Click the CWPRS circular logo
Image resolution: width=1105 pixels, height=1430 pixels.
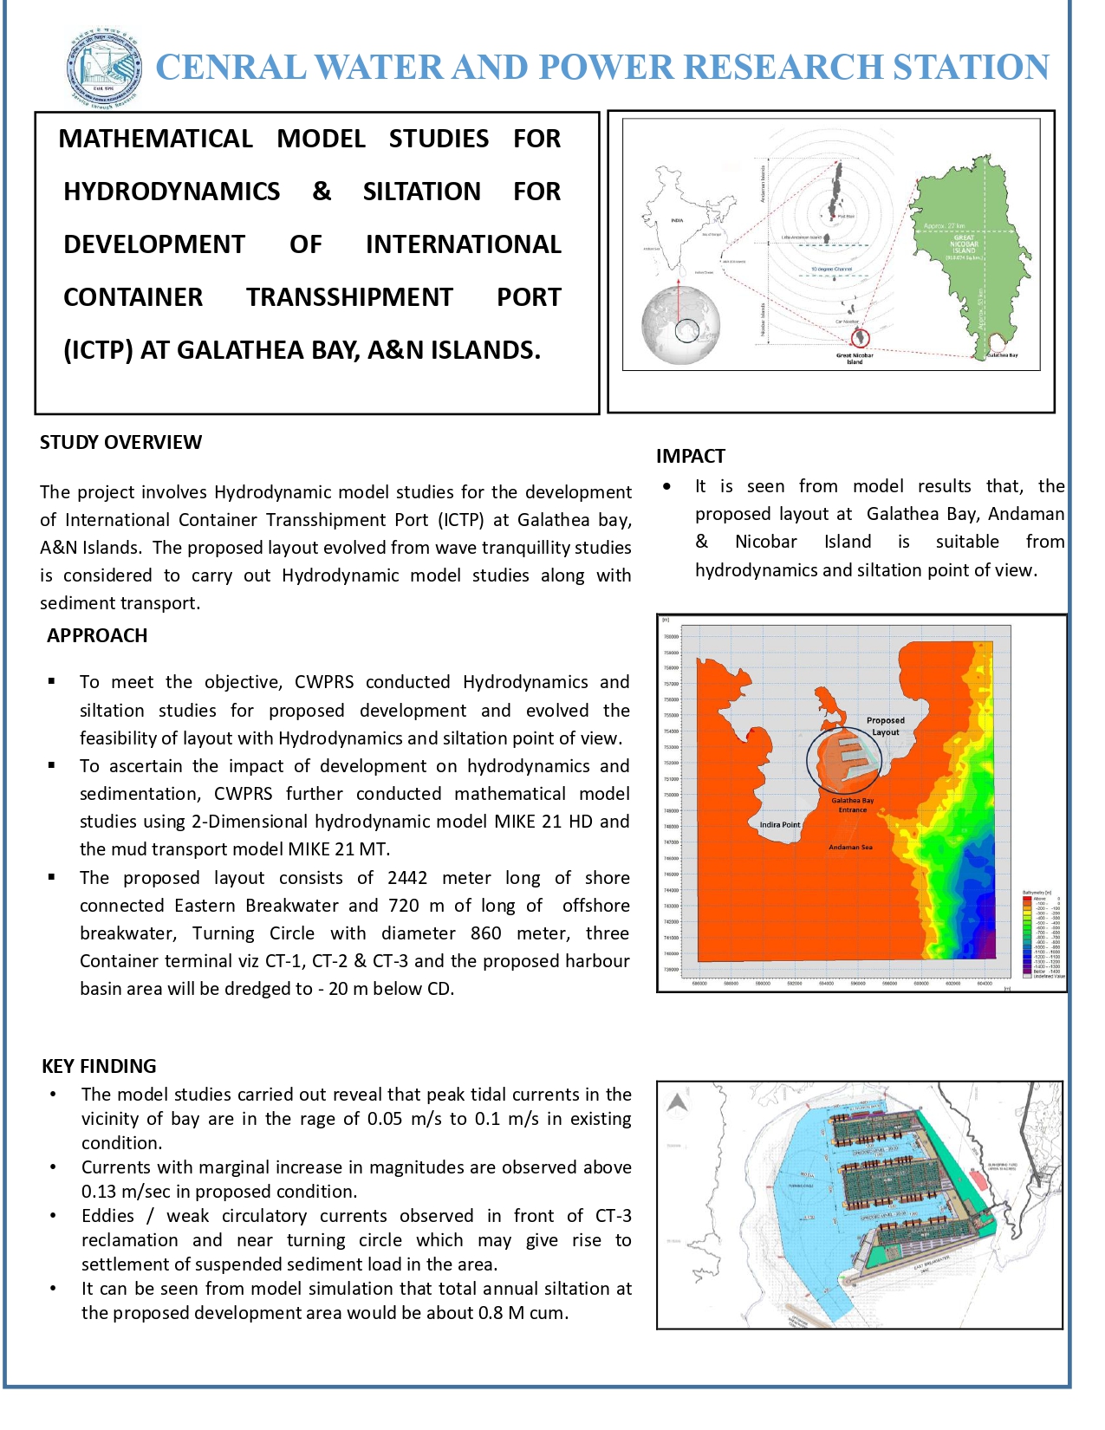105,68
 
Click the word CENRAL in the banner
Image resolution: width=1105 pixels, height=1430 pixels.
230,68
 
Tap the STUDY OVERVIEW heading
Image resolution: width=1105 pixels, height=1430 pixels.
120,442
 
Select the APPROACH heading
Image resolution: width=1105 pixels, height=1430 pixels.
97,635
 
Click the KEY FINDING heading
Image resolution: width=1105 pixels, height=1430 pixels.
99,1066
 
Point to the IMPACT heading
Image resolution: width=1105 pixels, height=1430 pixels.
690,456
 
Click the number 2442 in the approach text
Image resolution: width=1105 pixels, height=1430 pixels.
406,877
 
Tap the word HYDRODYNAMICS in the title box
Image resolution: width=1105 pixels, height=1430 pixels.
172,192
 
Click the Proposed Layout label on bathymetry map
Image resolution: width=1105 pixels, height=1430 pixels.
885,726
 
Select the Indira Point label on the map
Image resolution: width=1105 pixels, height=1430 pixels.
779,824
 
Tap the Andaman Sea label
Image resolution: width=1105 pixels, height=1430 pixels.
850,847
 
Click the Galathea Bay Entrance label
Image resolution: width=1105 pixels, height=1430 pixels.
852,805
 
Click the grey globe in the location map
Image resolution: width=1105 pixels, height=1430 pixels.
680,324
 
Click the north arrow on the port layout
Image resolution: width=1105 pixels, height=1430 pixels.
677,1103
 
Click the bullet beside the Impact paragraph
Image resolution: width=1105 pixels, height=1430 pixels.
666,486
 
